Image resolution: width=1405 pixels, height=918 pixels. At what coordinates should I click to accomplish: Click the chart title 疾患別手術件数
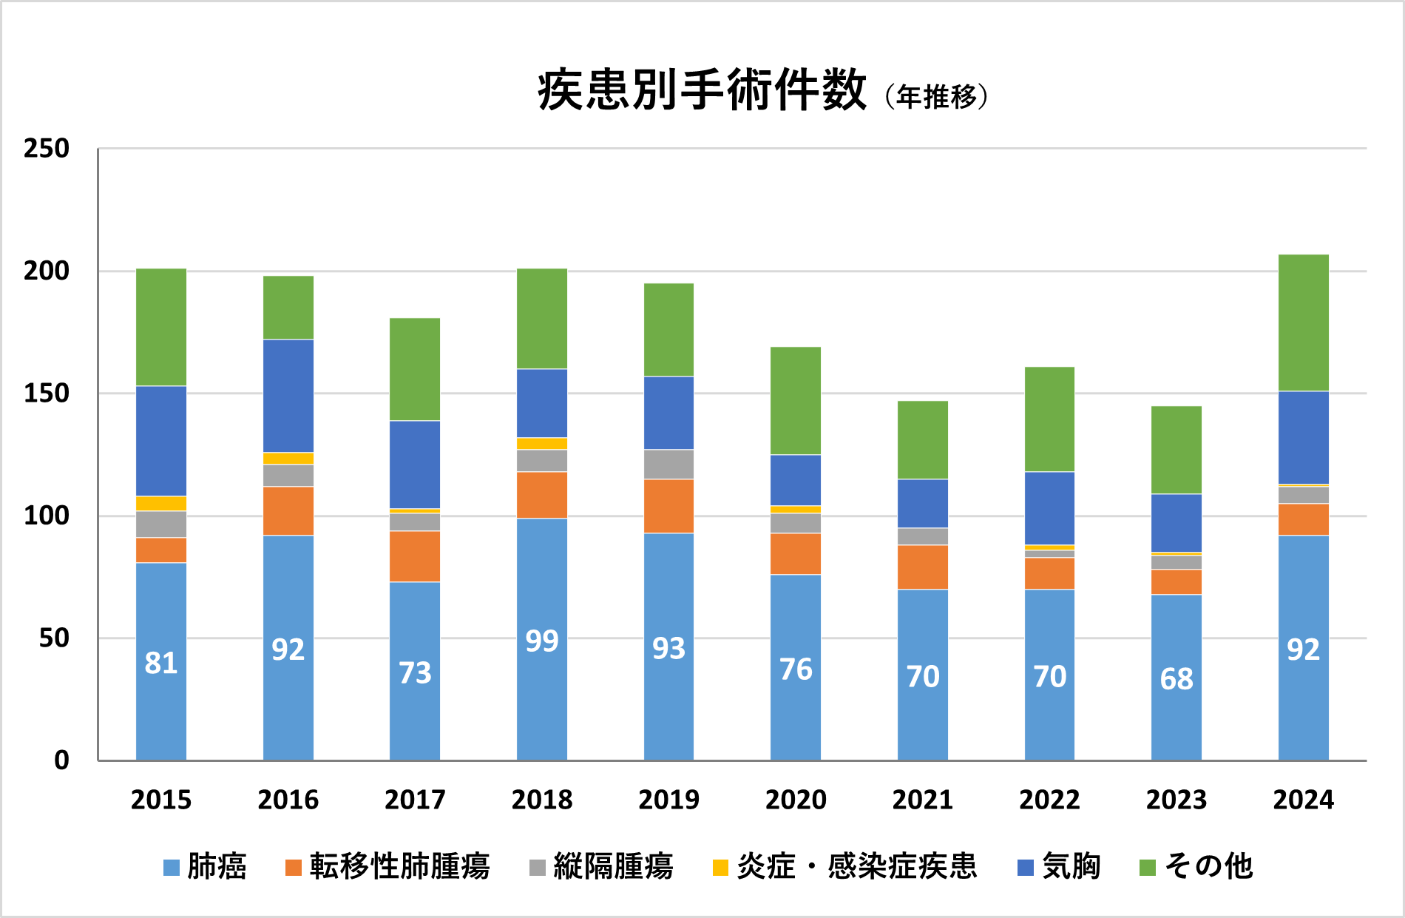click(702, 91)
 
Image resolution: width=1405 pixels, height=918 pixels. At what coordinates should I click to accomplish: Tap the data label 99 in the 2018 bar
click(542, 641)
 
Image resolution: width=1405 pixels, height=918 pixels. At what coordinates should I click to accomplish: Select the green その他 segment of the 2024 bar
click(1303, 323)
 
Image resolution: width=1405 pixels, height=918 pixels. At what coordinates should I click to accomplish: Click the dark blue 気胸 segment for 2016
click(288, 396)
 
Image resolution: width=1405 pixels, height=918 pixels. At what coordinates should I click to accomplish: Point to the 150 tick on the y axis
click(47, 394)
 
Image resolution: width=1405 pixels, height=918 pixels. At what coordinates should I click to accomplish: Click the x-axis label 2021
click(922, 800)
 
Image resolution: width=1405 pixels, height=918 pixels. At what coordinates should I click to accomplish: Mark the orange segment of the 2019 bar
click(668, 506)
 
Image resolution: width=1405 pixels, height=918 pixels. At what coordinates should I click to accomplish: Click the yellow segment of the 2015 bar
click(161, 504)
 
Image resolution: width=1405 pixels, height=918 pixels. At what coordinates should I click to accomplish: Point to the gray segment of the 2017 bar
click(415, 522)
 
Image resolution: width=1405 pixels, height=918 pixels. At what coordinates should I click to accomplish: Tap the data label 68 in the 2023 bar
click(1177, 679)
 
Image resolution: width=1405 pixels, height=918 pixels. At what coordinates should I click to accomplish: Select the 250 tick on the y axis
click(47, 149)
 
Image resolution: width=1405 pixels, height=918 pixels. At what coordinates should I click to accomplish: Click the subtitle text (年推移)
click(936, 97)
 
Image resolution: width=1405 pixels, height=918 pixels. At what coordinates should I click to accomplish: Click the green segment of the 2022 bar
click(1049, 419)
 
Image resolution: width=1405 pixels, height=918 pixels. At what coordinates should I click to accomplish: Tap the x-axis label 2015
click(161, 800)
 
